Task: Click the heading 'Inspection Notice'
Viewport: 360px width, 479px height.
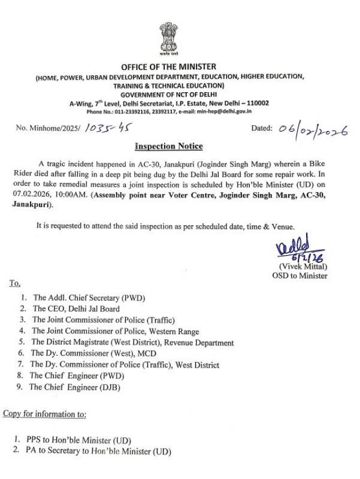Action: [x=168, y=146]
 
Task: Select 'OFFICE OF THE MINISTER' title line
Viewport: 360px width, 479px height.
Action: [x=168, y=66]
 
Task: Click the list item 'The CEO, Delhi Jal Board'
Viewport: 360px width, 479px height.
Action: [x=75, y=309]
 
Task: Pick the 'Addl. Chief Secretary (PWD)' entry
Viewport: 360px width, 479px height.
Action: [x=89, y=298]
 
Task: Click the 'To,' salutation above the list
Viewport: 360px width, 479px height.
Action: [x=14, y=283]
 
